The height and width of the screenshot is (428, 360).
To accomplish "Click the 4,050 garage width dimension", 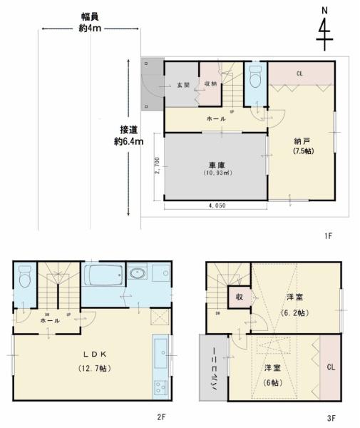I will [217, 205].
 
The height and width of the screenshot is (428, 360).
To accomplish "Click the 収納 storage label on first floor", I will [210, 84].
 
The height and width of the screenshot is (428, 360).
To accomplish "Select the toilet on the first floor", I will [256, 81].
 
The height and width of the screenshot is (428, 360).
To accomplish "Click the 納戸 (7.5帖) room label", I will [300, 146].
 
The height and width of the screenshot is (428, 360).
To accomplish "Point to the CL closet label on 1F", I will [300, 72].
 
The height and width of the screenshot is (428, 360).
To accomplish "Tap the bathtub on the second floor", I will [104, 275].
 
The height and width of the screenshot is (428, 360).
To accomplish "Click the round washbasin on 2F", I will [138, 273].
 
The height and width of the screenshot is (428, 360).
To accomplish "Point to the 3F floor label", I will [333, 417].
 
